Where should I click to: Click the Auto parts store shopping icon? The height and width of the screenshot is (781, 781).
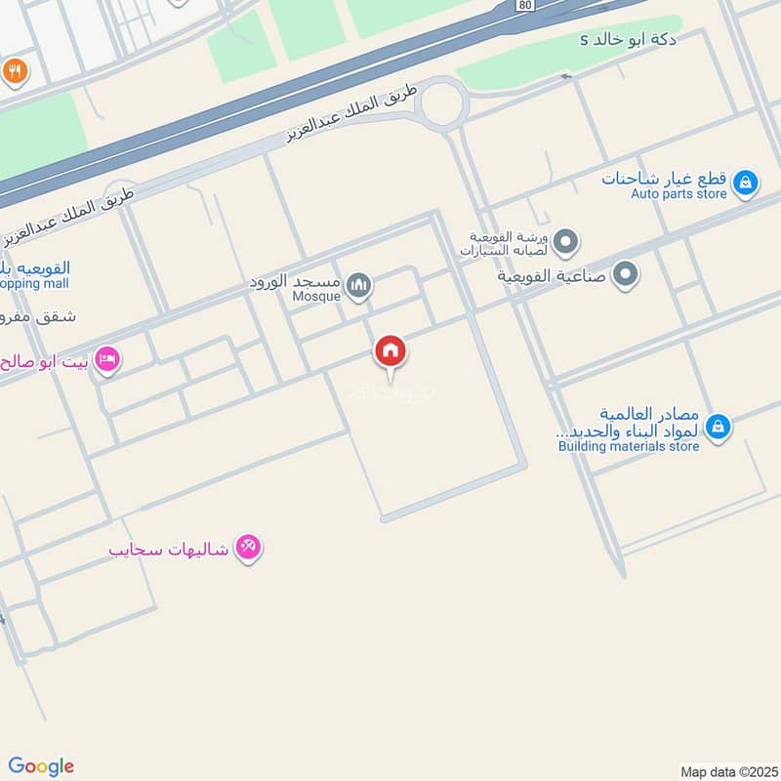click(x=745, y=183)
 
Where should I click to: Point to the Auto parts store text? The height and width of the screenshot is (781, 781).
click(x=678, y=194)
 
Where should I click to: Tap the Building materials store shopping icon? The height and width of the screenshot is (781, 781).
click(x=718, y=427)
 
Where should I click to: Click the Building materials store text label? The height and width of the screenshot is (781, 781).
click(x=629, y=446)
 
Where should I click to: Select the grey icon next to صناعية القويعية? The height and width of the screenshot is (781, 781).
click(x=626, y=274)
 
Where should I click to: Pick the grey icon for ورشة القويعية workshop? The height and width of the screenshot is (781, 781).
click(x=567, y=241)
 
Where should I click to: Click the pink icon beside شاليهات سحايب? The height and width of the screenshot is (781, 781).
click(x=249, y=549)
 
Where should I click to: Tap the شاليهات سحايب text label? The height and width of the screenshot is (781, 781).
click(x=168, y=550)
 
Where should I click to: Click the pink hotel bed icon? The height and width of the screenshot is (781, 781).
click(x=108, y=360)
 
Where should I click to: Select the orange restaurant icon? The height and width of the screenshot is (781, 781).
click(x=14, y=70)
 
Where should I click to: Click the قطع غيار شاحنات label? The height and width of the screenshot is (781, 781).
click(x=665, y=178)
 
